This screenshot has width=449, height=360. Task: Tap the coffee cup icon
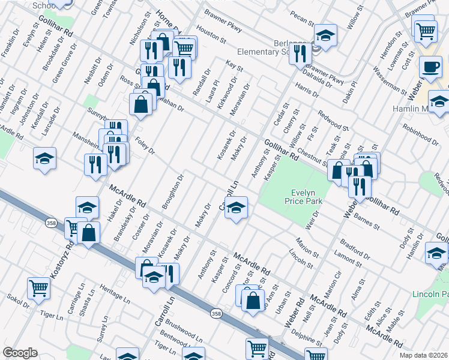pyautogui.click(x=430, y=67)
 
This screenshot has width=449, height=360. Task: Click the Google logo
pyautogui.click(x=20, y=353)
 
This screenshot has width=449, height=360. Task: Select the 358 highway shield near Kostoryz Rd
pyautogui.click(x=50, y=222)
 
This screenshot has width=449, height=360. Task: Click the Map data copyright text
pyautogui.click(x=423, y=355)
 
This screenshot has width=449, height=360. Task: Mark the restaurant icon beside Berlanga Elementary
pyautogui.click(x=299, y=53)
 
